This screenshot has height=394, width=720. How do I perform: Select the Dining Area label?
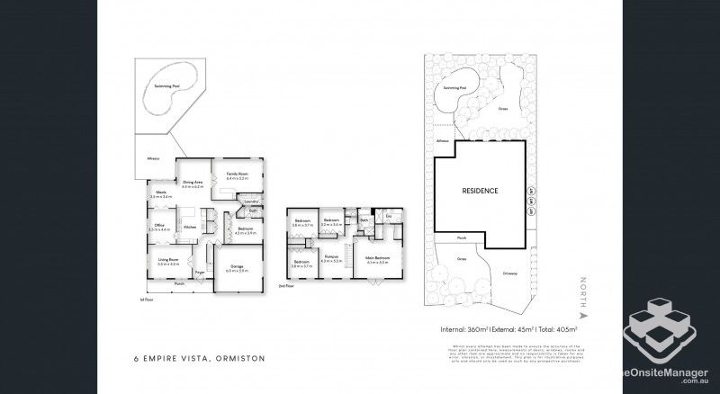[193, 184]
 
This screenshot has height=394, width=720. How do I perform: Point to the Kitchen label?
[190, 227]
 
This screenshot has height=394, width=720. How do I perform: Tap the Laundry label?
[251, 202]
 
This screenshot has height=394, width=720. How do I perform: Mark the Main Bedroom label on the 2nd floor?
[376, 260]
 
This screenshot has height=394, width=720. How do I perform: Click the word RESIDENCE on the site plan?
[480, 191]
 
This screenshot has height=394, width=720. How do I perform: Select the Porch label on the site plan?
[460, 239]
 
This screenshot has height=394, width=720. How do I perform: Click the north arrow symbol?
[582, 317]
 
